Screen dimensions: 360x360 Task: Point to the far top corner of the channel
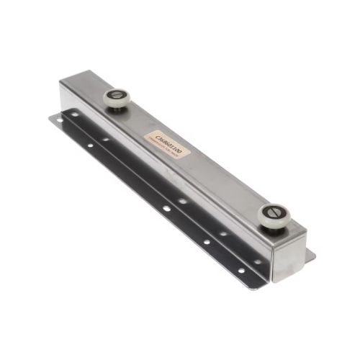click(85, 71)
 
